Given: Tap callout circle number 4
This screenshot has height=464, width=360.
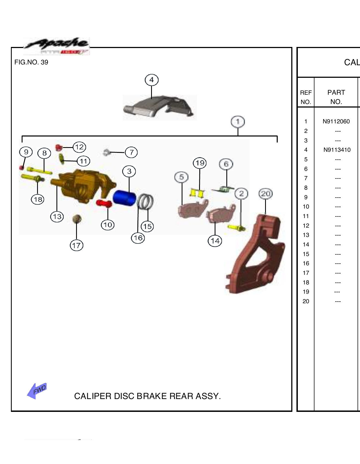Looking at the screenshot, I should [x=152, y=80].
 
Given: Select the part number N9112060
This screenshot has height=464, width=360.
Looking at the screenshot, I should [x=336, y=121].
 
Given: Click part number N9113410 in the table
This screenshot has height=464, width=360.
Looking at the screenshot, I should [x=337, y=150].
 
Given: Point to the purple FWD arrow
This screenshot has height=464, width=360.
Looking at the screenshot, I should [x=37, y=391].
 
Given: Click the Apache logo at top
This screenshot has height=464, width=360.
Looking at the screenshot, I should [x=57, y=46].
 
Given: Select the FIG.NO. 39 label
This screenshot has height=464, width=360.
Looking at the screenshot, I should [x=31, y=62].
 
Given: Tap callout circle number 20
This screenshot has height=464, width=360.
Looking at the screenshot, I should [x=265, y=194].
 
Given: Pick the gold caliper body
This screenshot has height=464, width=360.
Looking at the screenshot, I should [x=82, y=186].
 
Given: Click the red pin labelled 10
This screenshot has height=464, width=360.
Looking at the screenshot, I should [x=104, y=203].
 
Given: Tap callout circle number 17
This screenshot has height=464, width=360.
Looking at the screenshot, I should [x=76, y=245].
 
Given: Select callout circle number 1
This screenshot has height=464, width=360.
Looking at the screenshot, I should [x=238, y=122].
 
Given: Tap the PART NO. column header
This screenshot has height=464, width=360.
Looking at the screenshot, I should [x=336, y=97].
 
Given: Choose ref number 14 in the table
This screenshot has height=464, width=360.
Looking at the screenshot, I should [x=306, y=245].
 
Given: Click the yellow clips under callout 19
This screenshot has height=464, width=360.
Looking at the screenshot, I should [x=197, y=193].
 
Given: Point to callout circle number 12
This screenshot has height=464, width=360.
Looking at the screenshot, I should [x=79, y=147].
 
